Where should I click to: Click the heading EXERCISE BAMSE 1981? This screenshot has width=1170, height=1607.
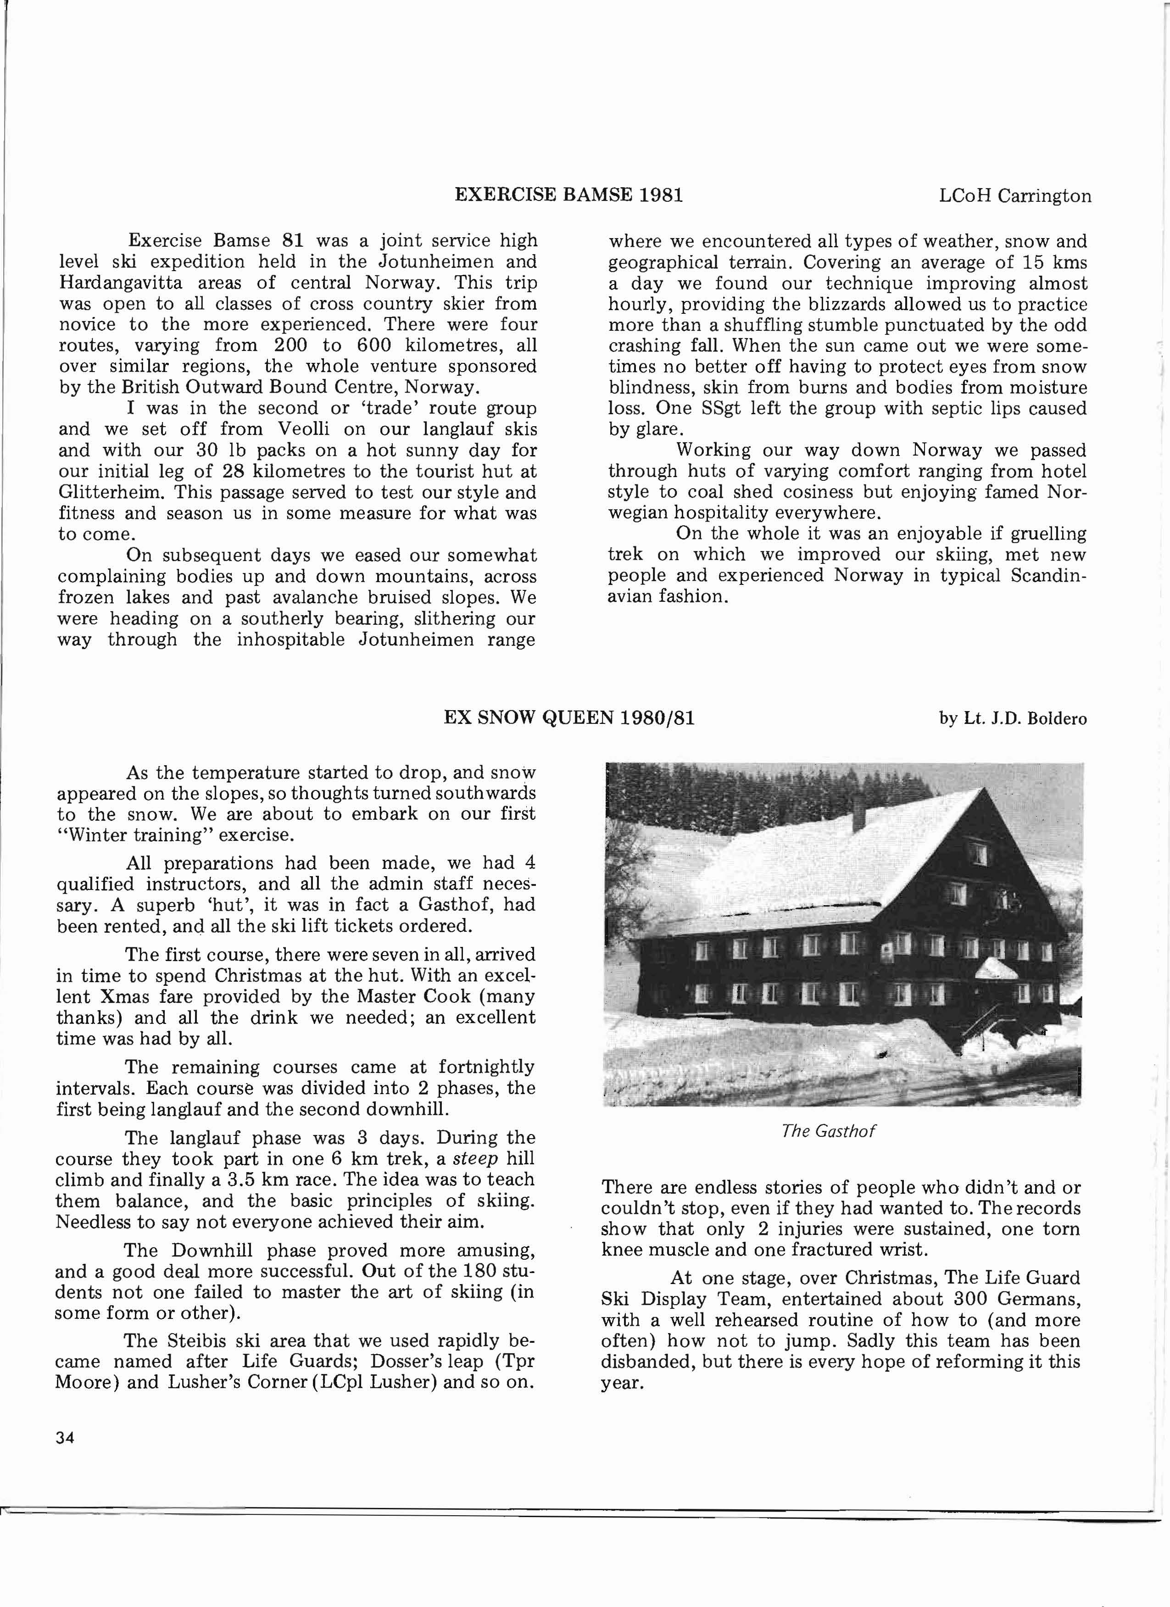click(568, 195)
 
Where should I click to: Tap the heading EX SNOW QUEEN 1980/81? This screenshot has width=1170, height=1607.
click(569, 718)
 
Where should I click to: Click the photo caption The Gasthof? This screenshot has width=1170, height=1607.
click(828, 1131)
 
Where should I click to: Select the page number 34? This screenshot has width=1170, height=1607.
click(65, 1438)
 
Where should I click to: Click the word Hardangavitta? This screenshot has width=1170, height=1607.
click(113, 283)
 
